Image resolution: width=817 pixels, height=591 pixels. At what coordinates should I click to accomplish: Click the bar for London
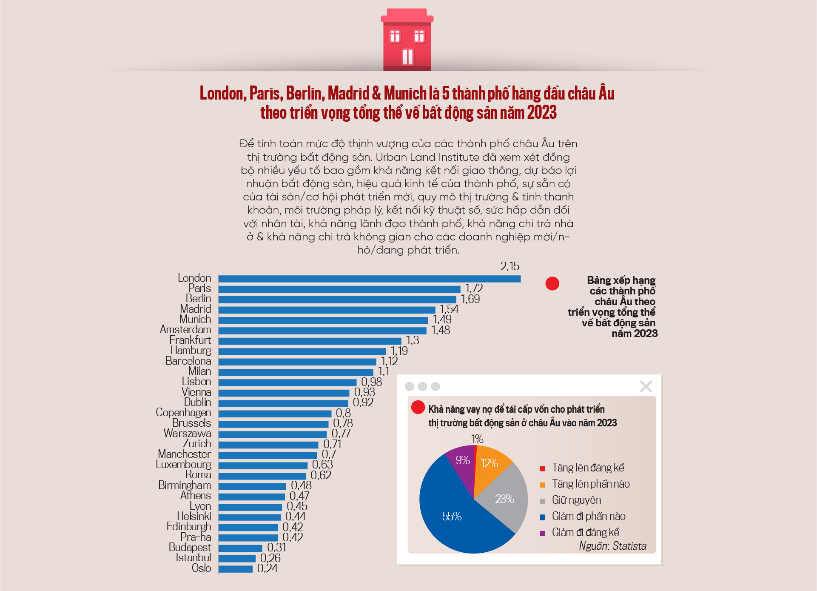point(369,279)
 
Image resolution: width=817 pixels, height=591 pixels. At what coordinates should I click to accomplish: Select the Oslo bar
point(236,569)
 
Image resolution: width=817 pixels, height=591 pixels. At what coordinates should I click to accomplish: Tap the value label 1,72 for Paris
point(474,288)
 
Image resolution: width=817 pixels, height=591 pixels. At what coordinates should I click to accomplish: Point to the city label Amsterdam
point(185,330)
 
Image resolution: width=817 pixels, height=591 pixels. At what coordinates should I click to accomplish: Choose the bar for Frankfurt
point(310,341)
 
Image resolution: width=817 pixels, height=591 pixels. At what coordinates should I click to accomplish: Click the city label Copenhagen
point(183,413)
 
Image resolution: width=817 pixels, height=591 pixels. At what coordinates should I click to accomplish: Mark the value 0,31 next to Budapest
point(276,548)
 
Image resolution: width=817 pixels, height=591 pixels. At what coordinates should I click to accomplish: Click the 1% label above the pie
point(477,439)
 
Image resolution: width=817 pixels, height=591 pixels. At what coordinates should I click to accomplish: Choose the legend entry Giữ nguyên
point(576,500)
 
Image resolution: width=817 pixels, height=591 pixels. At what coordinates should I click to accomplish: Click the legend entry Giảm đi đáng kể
point(585,533)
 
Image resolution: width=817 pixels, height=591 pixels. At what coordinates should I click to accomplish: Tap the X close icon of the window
point(646,386)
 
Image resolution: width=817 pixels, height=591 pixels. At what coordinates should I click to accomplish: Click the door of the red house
point(407,57)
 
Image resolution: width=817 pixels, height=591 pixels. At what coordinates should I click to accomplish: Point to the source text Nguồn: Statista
point(612,546)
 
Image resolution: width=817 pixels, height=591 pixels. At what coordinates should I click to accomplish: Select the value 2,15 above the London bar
point(510,266)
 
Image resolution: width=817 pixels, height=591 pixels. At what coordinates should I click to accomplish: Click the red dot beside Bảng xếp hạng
point(552,283)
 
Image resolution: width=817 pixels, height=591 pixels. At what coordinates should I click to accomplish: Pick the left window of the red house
point(395,37)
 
